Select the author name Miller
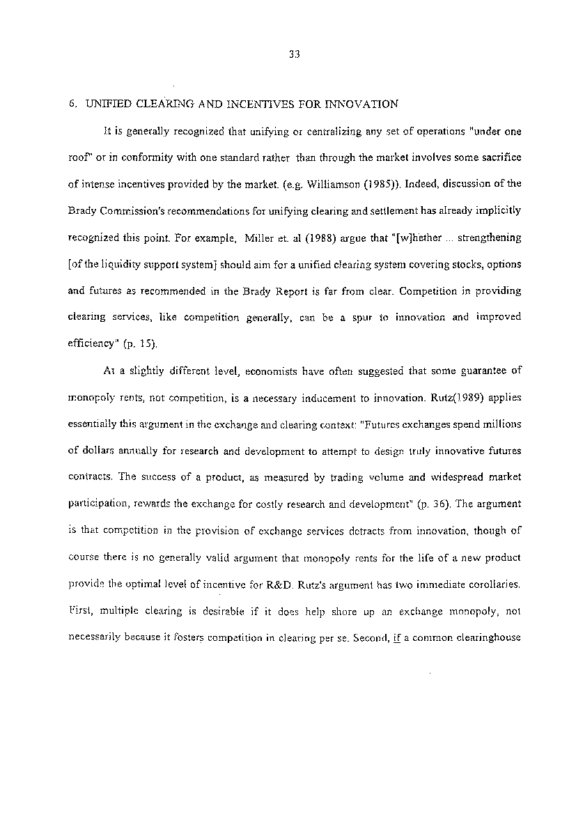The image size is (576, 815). click(261, 238)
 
